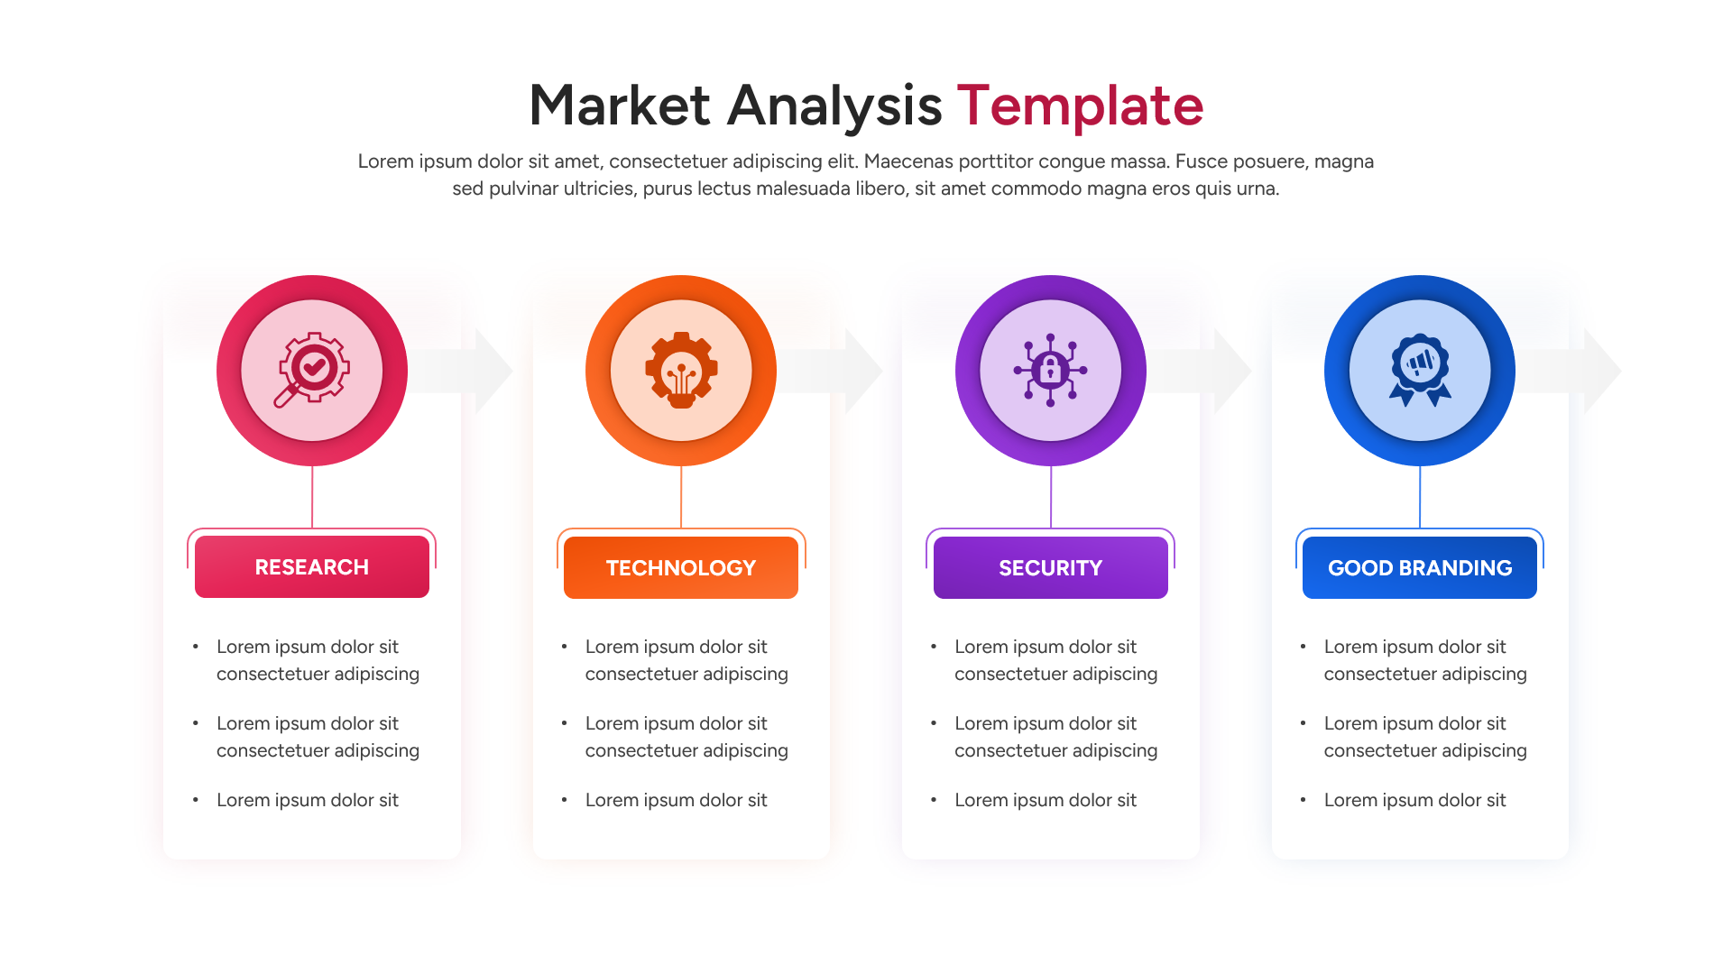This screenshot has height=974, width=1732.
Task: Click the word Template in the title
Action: pyautogui.click(x=1080, y=106)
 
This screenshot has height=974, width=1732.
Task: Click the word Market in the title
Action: pyautogui.click(x=619, y=106)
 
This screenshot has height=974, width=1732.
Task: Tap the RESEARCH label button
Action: pyautogui.click(x=312, y=567)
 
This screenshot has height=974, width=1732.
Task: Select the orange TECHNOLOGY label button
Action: pyautogui.click(x=681, y=568)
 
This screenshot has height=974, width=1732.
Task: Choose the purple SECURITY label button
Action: pyautogui.click(x=1050, y=568)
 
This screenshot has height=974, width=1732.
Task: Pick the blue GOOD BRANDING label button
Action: pyautogui.click(x=1420, y=568)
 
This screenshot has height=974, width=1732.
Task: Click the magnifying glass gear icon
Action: pyautogui.click(x=312, y=370)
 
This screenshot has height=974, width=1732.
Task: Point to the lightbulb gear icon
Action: pyautogui.click(x=681, y=370)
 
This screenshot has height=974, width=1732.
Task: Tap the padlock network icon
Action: pyautogui.click(x=1050, y=370)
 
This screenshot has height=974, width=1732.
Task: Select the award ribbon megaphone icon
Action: pyautogui.click(x=1420, y=370)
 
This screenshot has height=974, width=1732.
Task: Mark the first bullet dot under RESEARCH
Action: pyautogui.click(x=196, y=647)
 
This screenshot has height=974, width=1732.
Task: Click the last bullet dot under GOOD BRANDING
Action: pyautogui.click(x=1304, y=800)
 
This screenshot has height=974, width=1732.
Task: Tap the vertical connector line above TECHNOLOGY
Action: pyautogui.click(x=681, y=496)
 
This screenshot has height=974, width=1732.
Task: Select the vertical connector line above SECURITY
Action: pyautogui.click(x=1051, y=496)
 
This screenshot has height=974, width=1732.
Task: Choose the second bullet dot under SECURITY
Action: pyautogui.click(x=934, y=723)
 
